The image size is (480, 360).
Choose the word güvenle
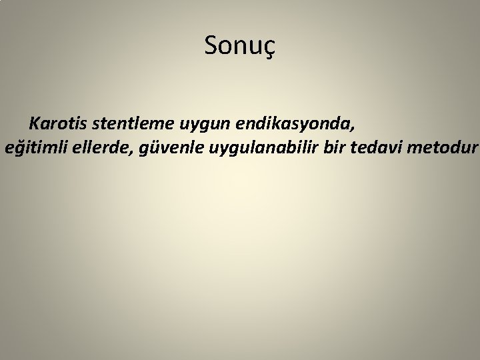click(163, 148)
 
